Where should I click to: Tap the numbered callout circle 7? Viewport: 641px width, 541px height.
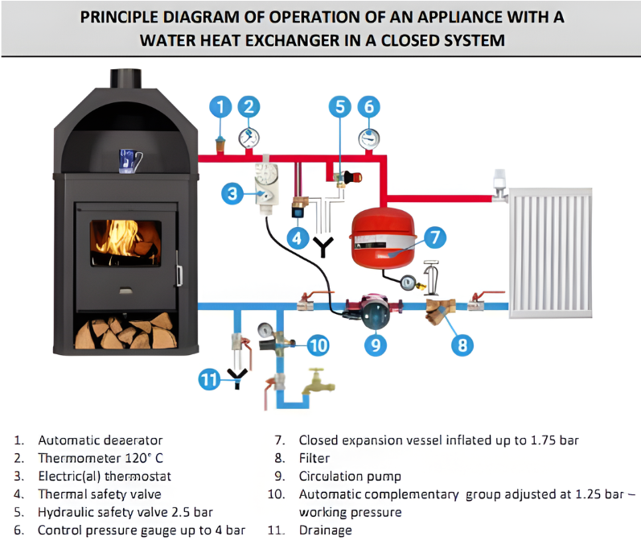click(x=433, y=237)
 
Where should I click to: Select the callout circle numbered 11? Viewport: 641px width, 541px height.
click(x=210, y=378)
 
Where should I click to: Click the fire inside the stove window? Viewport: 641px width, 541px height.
click(x=125, y=237)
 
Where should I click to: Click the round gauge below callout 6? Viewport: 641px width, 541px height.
click(x=369, y=137)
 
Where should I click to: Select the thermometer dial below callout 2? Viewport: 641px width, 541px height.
click(x=249, y=136)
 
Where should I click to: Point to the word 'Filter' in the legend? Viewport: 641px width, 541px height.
click(x=314, y=458)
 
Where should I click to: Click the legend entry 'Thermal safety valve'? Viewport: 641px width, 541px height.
click(x=99, y=494)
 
